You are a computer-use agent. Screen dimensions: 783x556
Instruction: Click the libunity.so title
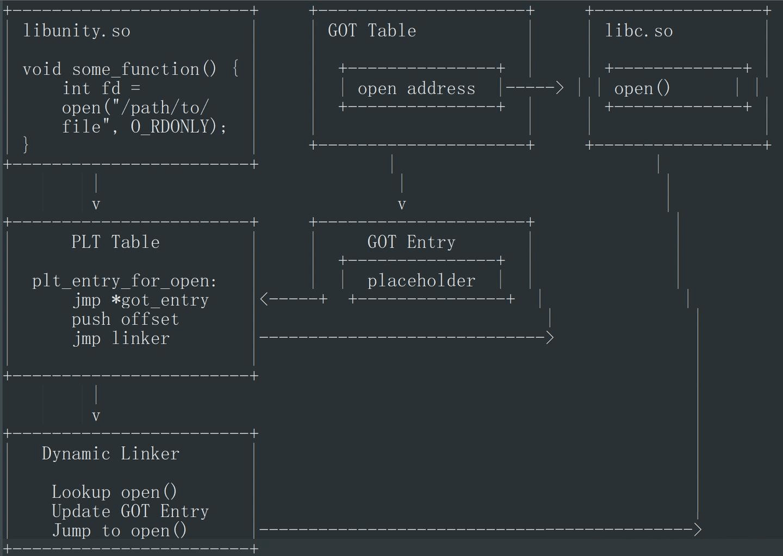[77, 31]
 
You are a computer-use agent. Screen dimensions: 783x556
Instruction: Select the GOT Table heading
[372, 30]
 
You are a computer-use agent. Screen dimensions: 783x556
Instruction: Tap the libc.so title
[638, 31]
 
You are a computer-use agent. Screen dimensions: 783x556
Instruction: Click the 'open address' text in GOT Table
[417, 89]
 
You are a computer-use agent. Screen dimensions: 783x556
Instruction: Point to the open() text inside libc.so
[642, 88]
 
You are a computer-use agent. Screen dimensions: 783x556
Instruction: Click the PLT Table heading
[115, 242]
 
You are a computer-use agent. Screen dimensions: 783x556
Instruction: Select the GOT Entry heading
[412, 242]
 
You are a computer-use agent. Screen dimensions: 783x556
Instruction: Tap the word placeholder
[421, 281]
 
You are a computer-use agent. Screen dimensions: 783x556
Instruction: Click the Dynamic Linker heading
[110, 454]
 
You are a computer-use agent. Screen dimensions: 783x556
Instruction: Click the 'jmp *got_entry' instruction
[140, 300]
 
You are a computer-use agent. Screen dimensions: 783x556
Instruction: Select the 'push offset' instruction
[125, 319]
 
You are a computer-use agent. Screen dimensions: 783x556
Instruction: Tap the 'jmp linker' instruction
[121, 338]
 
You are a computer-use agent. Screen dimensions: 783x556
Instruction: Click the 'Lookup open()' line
[114, 492]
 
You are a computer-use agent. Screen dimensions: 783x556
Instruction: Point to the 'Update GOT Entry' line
[130, 511]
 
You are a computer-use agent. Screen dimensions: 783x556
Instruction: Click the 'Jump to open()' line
[119, 530]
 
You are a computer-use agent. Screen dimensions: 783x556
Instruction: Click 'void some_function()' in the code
[120, 69]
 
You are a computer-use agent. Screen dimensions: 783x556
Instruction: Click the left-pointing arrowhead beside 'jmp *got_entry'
[264, 299]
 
